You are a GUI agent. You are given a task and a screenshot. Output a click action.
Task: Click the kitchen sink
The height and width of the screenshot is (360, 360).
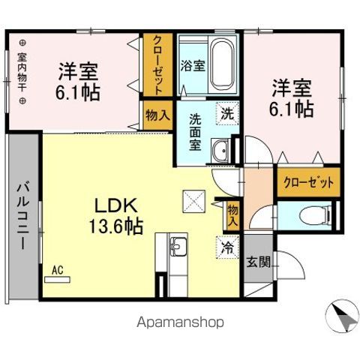[x=178, y=245]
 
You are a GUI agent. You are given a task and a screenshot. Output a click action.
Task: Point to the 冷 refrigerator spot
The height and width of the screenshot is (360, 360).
[x=225, y=245]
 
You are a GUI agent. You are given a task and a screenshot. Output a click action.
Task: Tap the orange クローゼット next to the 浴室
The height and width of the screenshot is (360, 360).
[x=157, y=64]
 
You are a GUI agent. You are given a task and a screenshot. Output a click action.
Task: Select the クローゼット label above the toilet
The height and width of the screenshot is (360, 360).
[x=307, y=182]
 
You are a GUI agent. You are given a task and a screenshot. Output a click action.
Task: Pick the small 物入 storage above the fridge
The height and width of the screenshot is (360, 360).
[x=232, y=214]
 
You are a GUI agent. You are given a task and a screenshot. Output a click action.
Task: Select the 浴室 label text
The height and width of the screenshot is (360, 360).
[x=193, y=65]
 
